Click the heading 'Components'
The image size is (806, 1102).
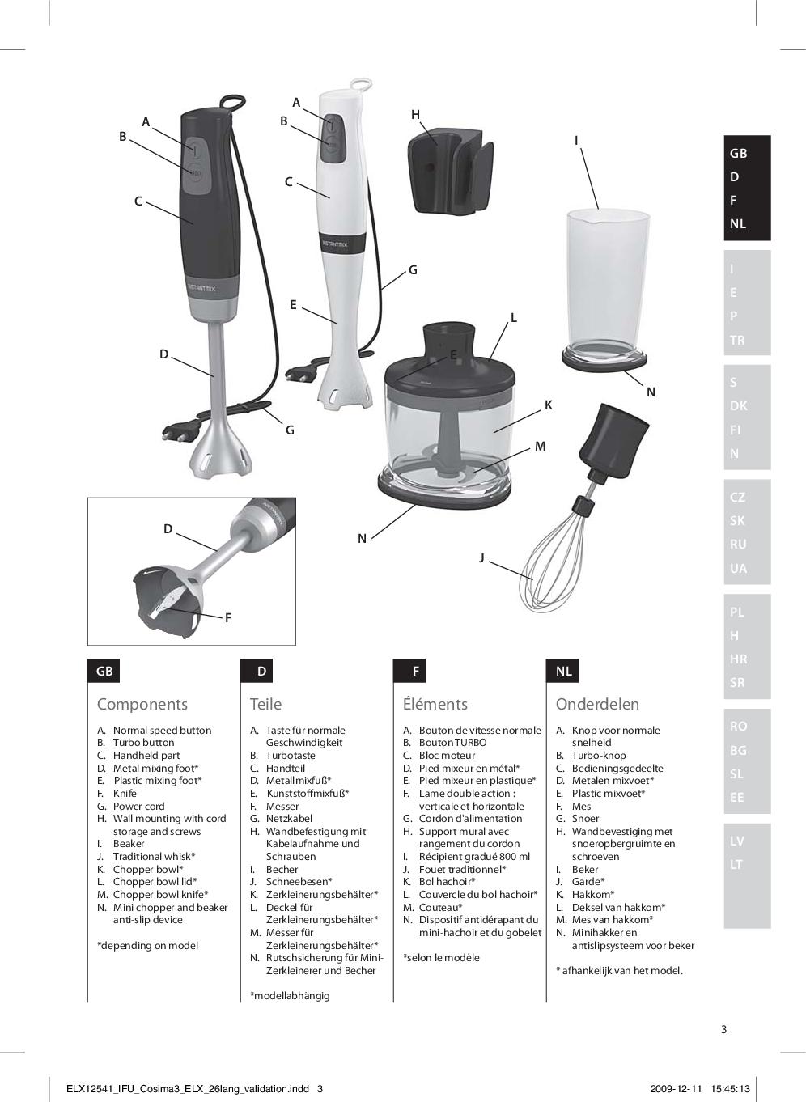[x=142, y=704]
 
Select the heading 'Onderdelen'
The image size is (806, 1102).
[x=597, y=704]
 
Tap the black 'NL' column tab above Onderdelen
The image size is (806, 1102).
[x=564, y=671]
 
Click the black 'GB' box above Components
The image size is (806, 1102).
[x=104, y=671]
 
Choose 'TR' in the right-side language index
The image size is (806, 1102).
[x=737, y=340]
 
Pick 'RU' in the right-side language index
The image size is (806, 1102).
[x=738, y=545]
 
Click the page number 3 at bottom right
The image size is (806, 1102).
[x=723, y=1029]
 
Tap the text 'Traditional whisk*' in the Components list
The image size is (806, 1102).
[x=154, y=856]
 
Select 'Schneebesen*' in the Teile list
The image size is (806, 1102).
[x=299, y=882]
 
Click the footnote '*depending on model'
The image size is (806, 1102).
[x=147, y=945]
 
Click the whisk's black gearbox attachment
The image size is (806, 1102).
[x=619, y=437]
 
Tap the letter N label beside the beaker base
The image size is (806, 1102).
[x=651, y=392]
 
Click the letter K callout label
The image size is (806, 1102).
[x=549, y=405]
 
